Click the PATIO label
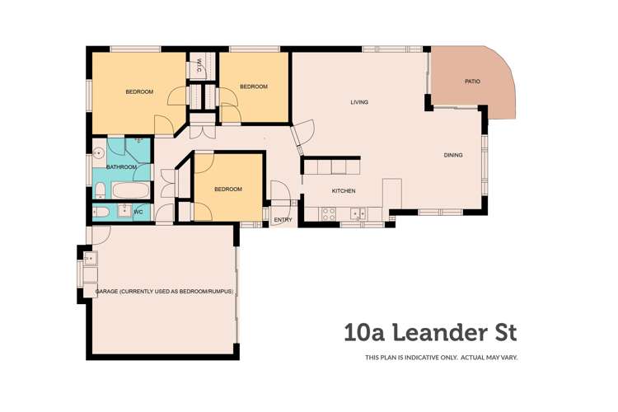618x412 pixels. pos(472,82)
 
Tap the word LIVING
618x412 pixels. pos(358,102)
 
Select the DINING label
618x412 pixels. pos(452,155)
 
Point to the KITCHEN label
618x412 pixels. pos(344,191)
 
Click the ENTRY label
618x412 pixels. pos(283,220)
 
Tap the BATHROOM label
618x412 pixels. pos(121,167)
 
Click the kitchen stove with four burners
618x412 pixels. pos(327,213)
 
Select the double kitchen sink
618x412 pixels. pos(358,213)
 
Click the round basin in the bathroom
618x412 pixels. pos(98,152)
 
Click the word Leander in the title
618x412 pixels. pos(440,333)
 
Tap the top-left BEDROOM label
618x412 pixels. pos(139,91)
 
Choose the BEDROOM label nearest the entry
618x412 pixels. pos(228,190)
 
